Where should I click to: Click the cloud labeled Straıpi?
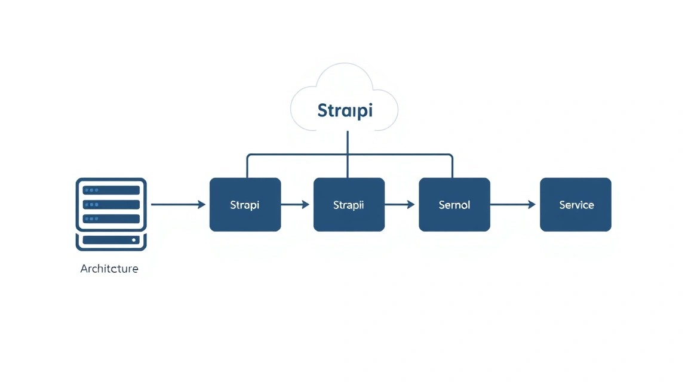coord(345,97)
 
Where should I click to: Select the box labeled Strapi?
coord(245,204)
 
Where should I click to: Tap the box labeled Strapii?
coord(349,204)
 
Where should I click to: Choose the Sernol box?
coord(454,204)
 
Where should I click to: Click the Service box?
coord(575,204)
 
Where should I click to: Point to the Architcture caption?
coord(109,269)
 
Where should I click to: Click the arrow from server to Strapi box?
coord(178,204)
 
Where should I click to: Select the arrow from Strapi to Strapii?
coord(295,204)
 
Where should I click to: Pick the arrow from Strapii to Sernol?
coord(400,204)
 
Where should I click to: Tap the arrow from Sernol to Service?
coord(512,204)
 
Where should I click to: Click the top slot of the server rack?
coord(111,190)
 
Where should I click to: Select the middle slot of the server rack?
coord(111,204)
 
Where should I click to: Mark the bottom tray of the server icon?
coord(111,241)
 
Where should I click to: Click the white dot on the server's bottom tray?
coord(134,240)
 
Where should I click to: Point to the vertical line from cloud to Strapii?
coord(348,154)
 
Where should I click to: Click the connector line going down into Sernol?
coord(452,166)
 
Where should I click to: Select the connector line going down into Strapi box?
coord(247,166)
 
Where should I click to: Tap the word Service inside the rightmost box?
coord(576,205)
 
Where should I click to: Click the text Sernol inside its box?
coord(454,205)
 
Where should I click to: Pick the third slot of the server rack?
coord(111,219)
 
